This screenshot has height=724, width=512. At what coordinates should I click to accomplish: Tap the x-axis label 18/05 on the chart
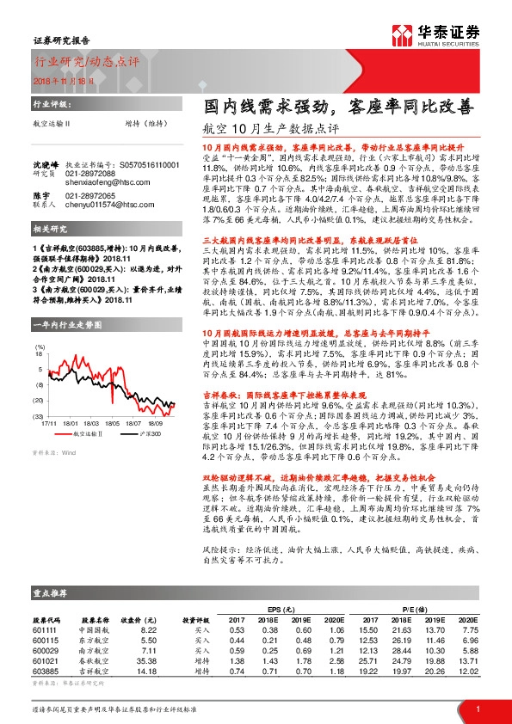coord(110,399)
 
